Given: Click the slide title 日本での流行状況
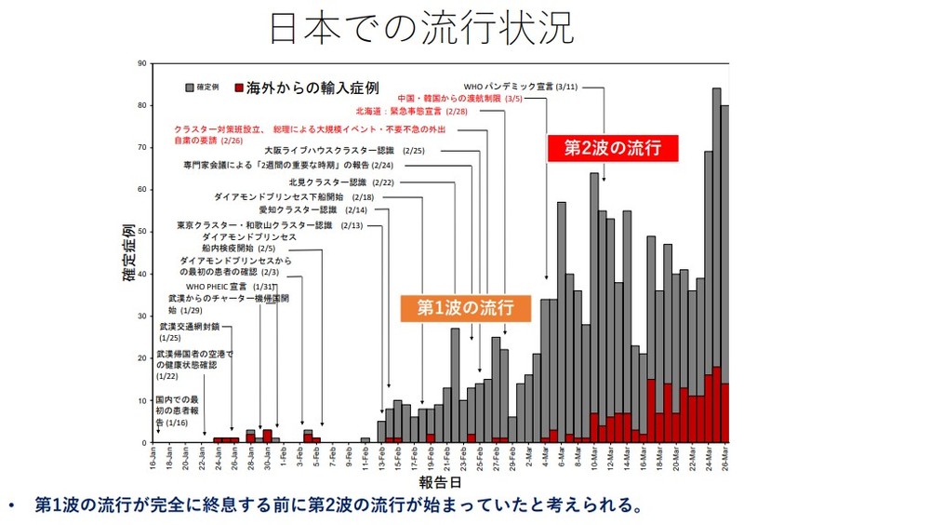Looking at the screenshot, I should click(421, 28).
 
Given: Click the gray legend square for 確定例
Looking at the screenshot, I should click(189, 87).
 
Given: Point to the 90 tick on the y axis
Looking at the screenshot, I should click(141, 63).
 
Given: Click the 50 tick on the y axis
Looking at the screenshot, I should click(141, 232).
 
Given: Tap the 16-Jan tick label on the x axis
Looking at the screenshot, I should click(153, 459).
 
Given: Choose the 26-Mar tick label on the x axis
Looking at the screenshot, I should click(724, 459).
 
